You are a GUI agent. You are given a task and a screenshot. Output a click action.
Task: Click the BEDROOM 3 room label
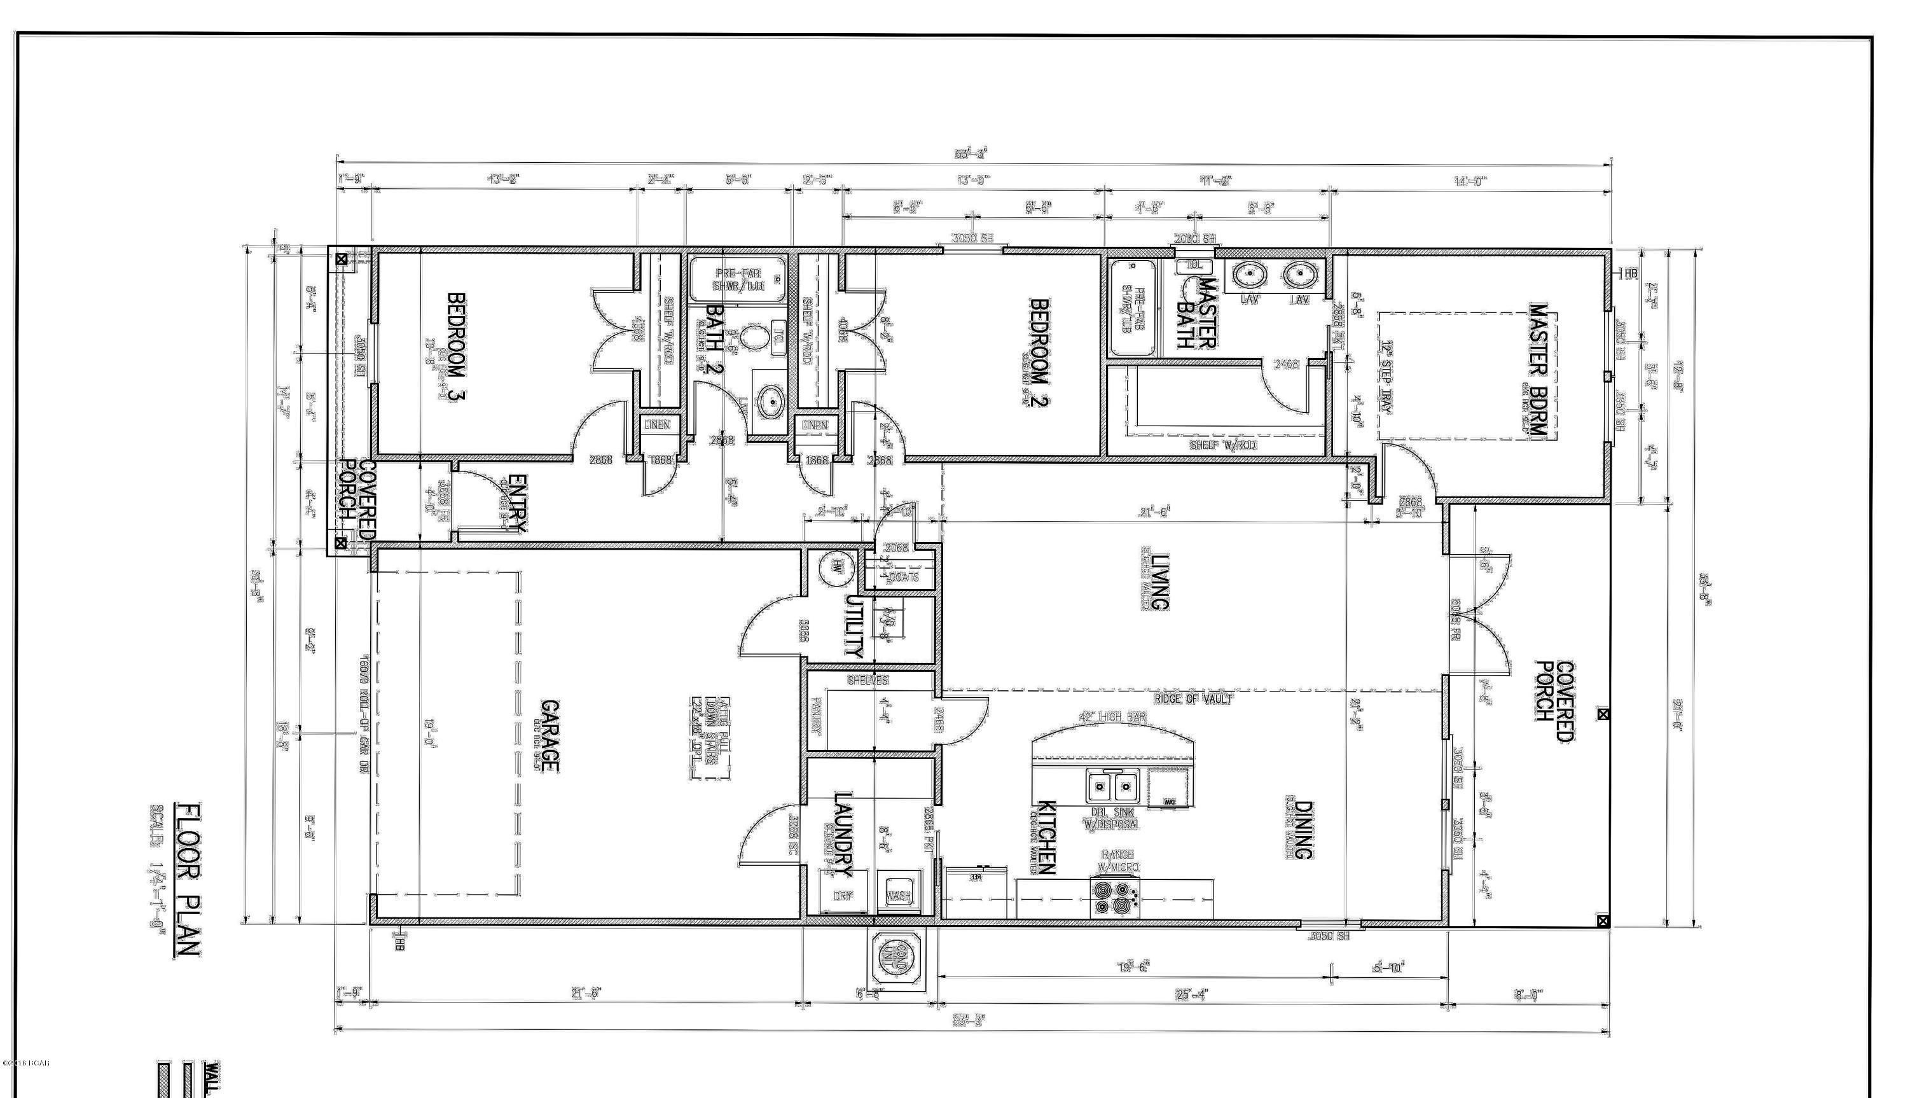tap(456, 347)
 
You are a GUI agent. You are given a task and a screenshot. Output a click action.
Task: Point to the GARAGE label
tap(550, 736)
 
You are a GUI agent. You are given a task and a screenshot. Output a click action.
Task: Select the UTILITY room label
tap(853, 627)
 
